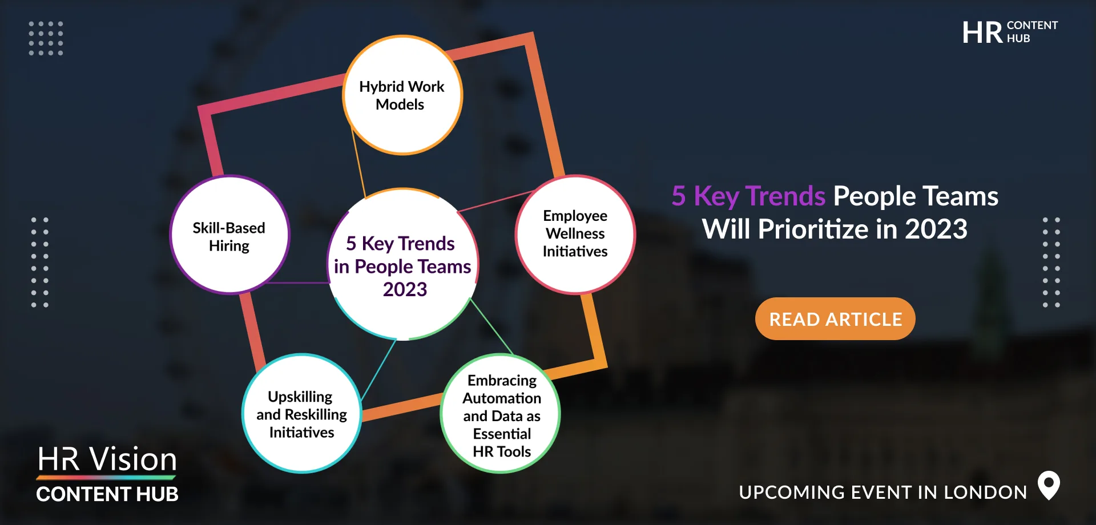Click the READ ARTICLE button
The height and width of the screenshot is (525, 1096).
click(x=835, y=318)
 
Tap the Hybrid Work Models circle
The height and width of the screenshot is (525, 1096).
click(x=402, y=95)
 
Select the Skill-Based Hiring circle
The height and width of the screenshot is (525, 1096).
click(x=230, y=235)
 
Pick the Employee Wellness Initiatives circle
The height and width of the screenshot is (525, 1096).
click(x=575, y=235)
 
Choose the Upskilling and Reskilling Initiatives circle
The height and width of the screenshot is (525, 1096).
click(x=302, y=414)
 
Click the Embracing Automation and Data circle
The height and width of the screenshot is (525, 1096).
click(x=501, y=414)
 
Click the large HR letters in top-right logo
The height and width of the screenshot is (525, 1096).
click(x=982, y=33)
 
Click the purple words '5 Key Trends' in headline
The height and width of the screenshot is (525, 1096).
click(x=748, y=196)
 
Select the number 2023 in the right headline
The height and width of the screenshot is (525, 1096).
click(x=936, y=229)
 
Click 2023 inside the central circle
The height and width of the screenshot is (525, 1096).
click(x=405, y=289)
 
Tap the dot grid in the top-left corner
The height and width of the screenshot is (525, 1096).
click(x=46, y=38)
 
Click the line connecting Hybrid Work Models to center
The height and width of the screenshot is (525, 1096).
click(x=358, y=163)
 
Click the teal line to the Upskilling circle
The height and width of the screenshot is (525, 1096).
click(x=378, y=370)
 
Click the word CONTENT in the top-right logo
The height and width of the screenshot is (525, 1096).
click(x=1032, y=26)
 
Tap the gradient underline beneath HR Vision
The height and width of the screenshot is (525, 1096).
click(x=106, y=478)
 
